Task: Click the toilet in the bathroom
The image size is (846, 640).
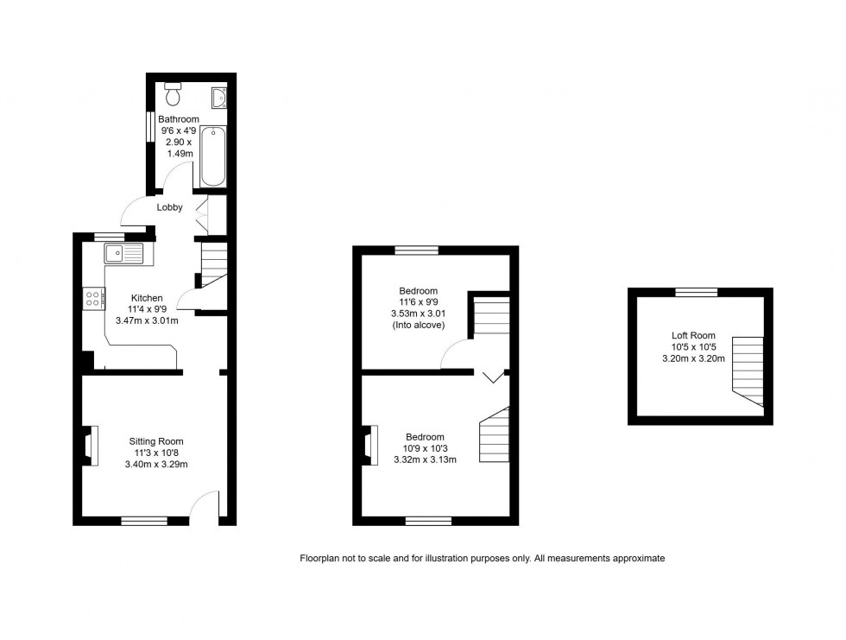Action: click(172, 90)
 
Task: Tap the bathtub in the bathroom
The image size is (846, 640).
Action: click(212, 155)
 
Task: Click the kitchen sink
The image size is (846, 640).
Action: click(124, 253)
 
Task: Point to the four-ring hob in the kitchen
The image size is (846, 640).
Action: click(92, 299)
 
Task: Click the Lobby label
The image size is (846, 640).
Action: click(169, 207)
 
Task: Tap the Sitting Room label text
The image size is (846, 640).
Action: click(156, 441)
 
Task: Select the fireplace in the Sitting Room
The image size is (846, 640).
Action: click(89, 445)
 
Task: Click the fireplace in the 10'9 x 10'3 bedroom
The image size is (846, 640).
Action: click(369, 445)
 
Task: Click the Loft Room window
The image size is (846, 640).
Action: click(696, 293)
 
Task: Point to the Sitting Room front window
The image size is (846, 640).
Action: click(143, 521)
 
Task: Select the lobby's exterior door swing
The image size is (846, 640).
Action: click(134, 210)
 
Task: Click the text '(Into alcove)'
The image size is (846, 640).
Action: click(419, 326)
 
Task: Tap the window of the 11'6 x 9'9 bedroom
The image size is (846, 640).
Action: click(416, 250)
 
